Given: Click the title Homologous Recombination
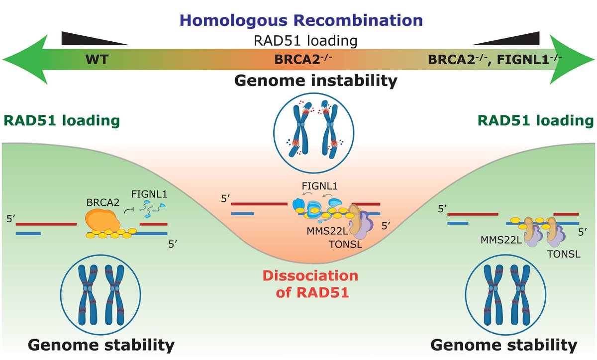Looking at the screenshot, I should [x=298, y=20].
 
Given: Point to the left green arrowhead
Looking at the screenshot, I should [x=22, y=59].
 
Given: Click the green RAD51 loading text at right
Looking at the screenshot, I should [x=535, y=120].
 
